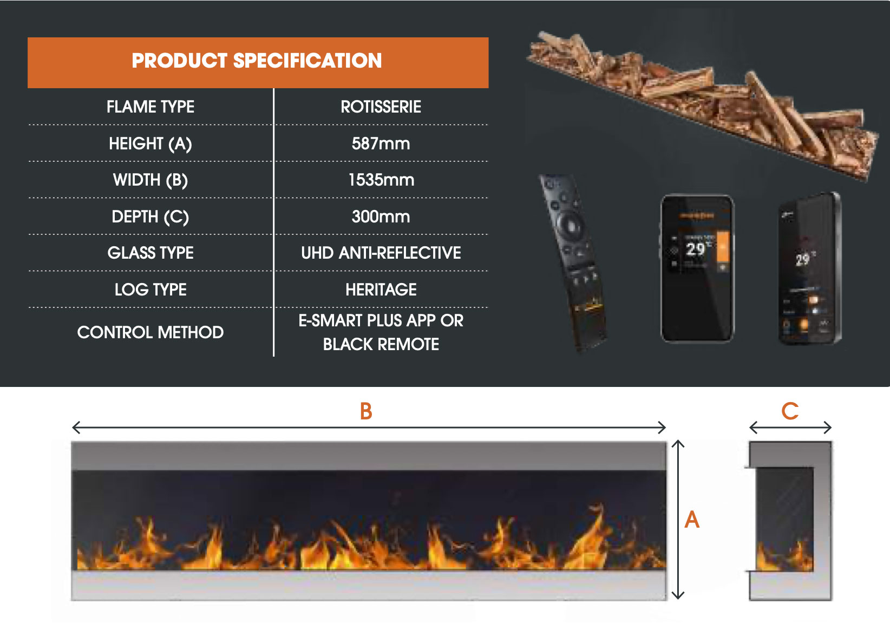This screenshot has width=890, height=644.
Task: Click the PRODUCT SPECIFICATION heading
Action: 257,61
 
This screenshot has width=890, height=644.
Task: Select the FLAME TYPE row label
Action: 150,107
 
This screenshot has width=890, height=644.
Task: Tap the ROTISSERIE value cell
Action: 381,107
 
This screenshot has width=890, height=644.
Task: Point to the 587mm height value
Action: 381,143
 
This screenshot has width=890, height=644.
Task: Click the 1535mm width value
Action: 381,180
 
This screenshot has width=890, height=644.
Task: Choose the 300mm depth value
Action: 381,216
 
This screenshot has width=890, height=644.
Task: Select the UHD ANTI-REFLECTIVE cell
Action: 381,253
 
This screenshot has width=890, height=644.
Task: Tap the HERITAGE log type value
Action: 381,290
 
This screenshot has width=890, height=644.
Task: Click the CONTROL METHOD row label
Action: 150,332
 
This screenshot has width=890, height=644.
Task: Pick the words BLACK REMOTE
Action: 381,345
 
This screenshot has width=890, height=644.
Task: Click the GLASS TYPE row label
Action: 150,253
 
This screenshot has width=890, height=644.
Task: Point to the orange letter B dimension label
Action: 366,412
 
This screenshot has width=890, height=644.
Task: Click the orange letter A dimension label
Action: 692,520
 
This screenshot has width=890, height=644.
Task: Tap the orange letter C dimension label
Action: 790,411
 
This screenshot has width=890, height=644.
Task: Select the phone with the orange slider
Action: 697,269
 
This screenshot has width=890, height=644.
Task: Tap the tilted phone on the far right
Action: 809,269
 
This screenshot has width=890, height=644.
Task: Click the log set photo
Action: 704,103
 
